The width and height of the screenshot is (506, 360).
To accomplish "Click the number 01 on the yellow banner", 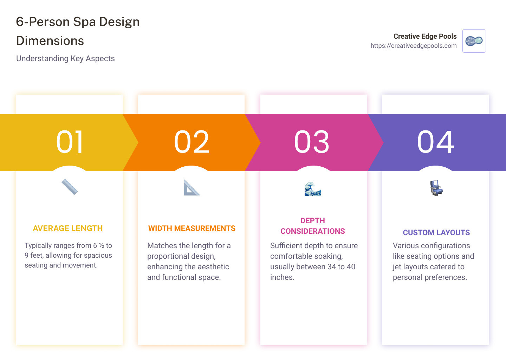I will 70,142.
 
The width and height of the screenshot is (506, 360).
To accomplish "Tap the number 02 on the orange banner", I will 192,142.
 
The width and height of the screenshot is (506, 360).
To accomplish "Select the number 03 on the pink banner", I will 312,142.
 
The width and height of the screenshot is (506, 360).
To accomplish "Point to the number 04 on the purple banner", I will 435,142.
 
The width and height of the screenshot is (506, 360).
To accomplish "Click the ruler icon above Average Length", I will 70,187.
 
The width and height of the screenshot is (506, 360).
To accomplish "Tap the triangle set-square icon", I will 192,188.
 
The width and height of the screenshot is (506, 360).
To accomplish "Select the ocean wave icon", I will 313,189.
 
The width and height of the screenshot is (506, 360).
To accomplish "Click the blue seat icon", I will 436,188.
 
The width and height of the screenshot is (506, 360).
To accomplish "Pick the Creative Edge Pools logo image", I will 474,41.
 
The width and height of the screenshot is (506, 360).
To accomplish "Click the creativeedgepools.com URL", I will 414,46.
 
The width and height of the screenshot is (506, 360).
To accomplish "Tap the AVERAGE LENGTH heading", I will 68,229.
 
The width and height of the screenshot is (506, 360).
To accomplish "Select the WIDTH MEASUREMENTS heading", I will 192,229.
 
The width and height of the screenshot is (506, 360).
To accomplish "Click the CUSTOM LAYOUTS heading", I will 436,233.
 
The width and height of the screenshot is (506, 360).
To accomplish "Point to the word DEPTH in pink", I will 313,221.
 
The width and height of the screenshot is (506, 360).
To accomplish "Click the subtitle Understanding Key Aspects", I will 65,58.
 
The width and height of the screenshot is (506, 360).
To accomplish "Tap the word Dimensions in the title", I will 50,41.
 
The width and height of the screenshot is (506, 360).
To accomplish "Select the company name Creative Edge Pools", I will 425,36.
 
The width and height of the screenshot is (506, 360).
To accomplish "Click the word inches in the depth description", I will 282,277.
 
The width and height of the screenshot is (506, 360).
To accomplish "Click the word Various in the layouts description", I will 406,246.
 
